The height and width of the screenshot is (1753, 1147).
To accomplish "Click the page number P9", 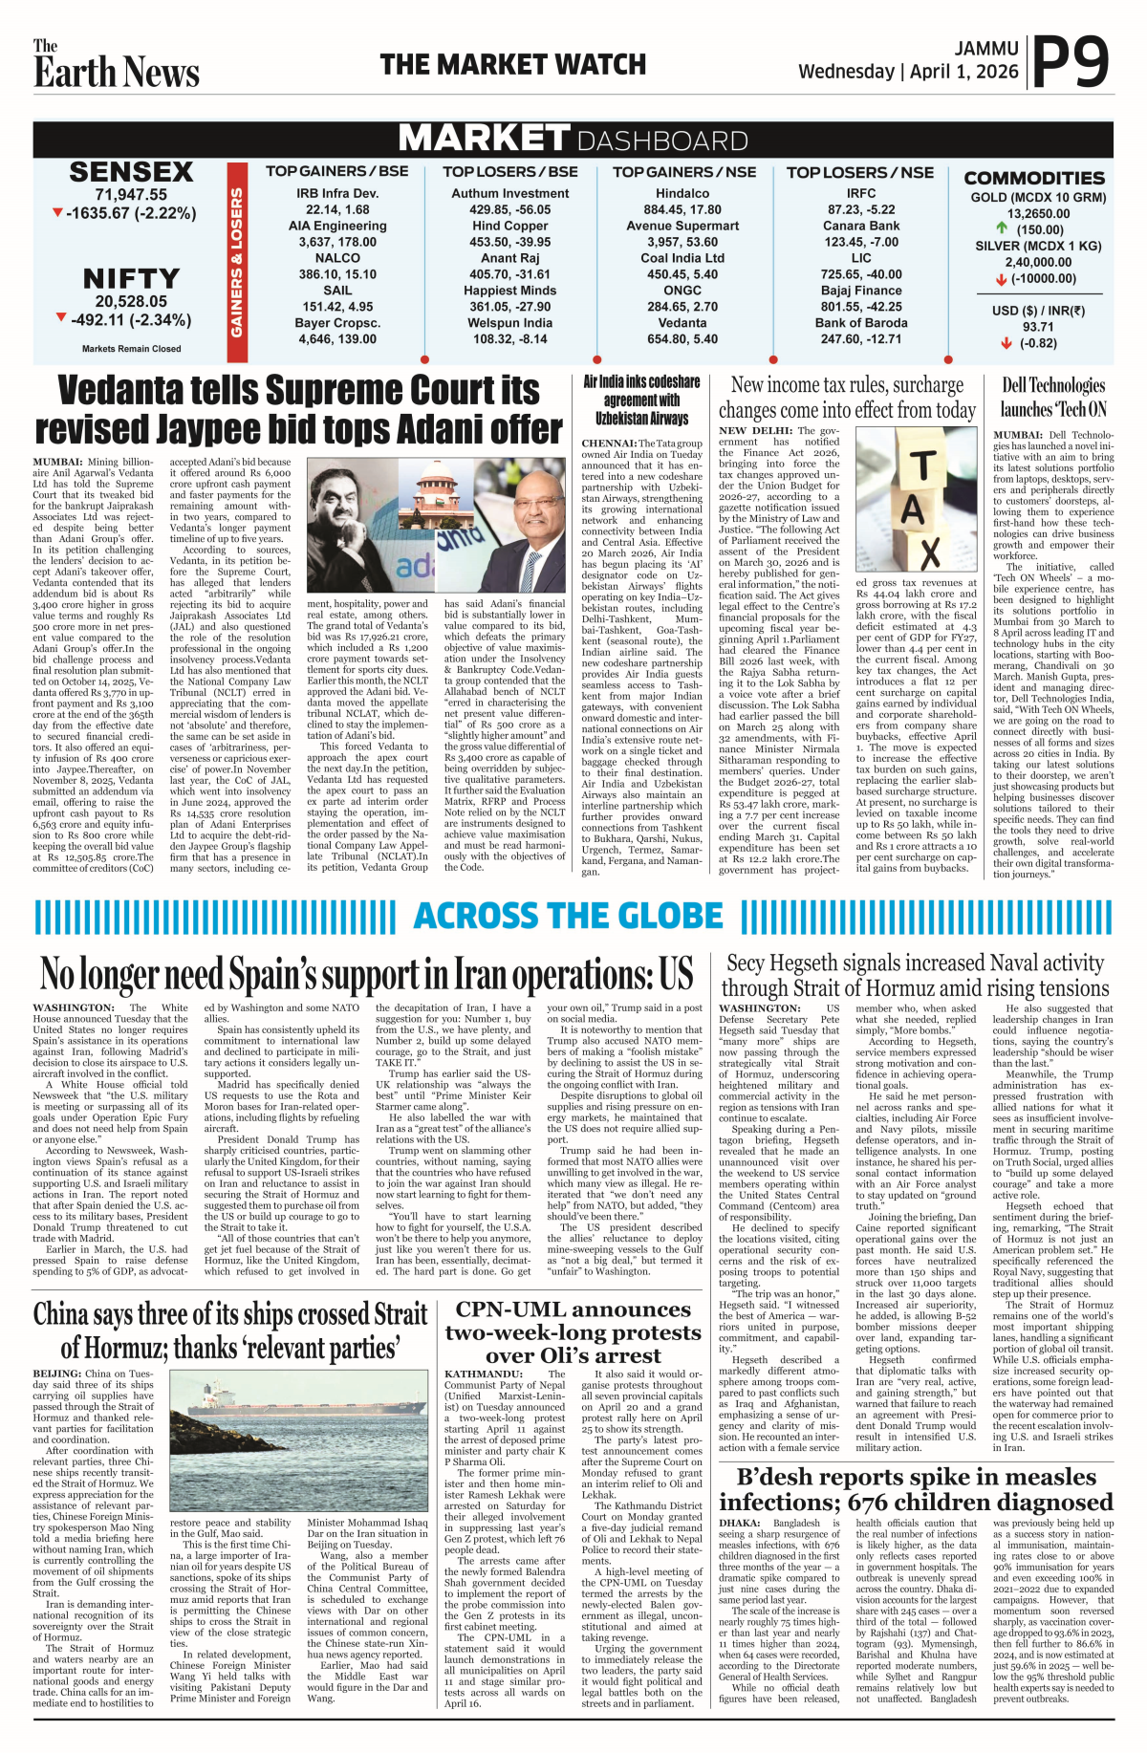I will (1071, 63).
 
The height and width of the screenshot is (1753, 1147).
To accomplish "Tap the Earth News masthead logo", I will (116, 65).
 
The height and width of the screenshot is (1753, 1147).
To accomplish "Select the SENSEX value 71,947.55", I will (131, 195).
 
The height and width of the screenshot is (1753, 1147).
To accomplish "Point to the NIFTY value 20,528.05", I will (131, 301).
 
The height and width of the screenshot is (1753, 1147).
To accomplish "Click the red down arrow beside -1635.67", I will (58, 212).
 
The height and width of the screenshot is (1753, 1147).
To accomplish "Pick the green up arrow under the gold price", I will (1002, 228).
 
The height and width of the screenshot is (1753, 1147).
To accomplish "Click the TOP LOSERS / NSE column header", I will (859, 172).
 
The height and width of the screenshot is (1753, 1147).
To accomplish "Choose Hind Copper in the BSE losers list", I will (509, 226).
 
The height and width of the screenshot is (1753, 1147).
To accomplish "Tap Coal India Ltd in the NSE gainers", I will (682, 258).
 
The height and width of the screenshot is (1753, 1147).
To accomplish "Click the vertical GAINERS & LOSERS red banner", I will (236, 263).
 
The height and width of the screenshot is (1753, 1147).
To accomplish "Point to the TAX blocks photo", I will (916, 497).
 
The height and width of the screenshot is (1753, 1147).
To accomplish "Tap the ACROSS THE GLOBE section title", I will (568, 916).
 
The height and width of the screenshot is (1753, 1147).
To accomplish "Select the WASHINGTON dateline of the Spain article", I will (74, 1007).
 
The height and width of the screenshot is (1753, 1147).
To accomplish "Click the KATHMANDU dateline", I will (483, 1374).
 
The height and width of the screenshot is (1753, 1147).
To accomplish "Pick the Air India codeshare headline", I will (641, 400).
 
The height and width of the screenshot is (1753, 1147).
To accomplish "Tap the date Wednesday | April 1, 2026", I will (908, 72).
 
